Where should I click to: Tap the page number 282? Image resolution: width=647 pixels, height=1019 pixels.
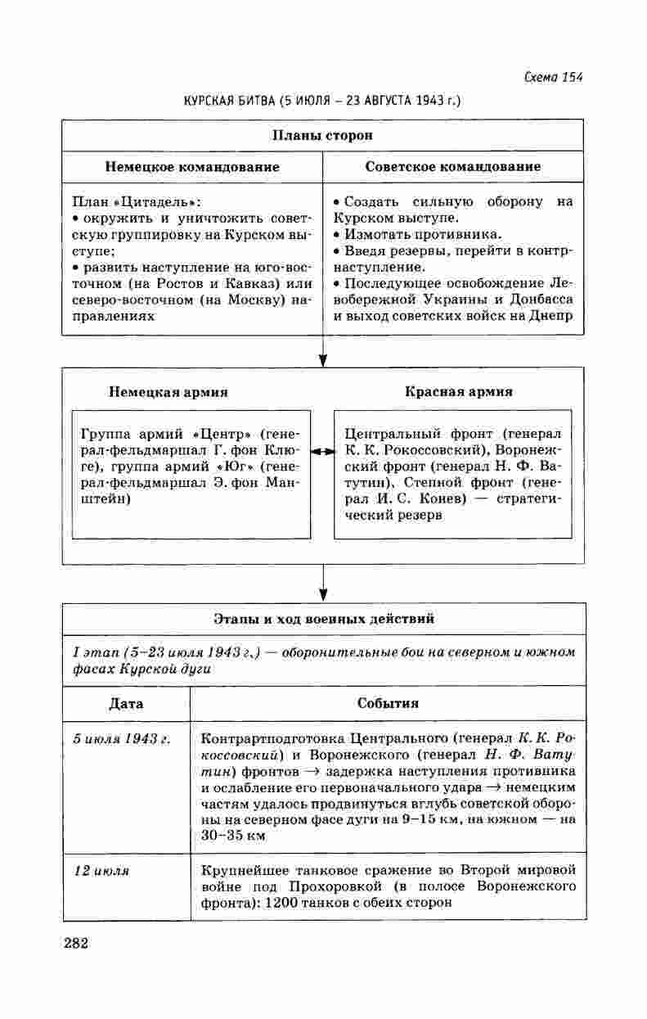[75, 943]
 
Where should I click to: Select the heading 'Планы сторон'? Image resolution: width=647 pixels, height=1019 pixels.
[322, 135]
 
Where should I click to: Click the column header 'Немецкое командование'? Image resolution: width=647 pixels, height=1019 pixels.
[192, 167]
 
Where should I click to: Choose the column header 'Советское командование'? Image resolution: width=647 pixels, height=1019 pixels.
[453, 167]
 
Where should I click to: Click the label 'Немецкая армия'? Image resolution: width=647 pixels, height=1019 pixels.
[168, 392]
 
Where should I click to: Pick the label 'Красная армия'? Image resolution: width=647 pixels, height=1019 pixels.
[459, 392]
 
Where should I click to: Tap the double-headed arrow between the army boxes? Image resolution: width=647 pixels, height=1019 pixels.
[322, 451]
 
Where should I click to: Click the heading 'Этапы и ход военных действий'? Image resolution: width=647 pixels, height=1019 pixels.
[324, 619]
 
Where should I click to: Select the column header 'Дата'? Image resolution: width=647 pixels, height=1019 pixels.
[126, 703]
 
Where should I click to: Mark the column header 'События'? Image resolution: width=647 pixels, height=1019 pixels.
[388, 703]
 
